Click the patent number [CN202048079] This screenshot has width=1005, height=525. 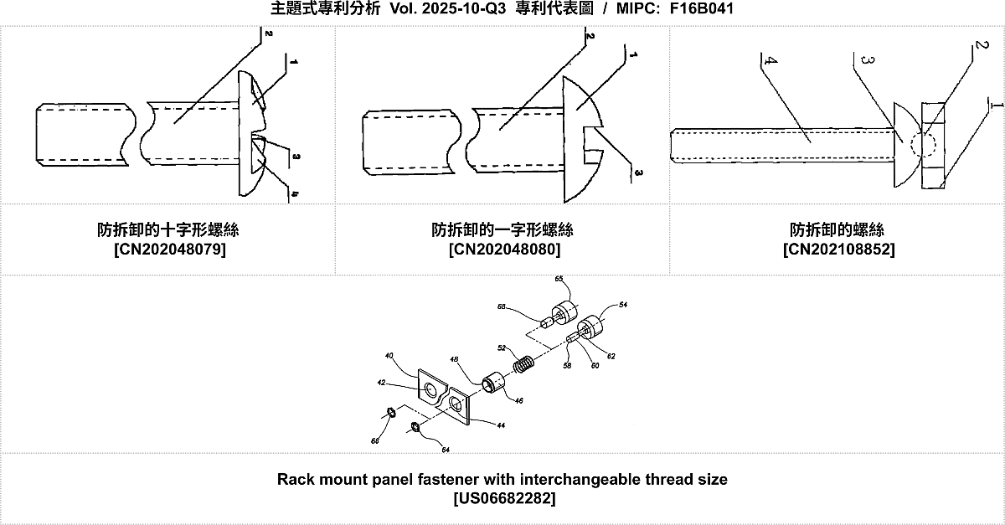tap(168, 249)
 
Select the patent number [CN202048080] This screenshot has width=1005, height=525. tap(503, 249)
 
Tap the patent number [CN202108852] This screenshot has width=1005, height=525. tap(837, 249)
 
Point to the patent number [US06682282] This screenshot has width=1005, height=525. tap(502, 498)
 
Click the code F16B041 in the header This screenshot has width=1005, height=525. tap(703, 9)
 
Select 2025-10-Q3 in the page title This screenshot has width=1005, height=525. tap(464, 9)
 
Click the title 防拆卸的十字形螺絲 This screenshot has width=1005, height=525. tap(168, 229)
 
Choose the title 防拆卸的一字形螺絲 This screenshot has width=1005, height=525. tap(503, 229)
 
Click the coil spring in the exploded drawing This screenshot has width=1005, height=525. tap(523, 366)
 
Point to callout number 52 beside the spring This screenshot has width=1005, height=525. tap(502, 347)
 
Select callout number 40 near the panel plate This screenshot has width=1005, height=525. tap(389, 356)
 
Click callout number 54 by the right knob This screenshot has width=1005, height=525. tap(623, 306)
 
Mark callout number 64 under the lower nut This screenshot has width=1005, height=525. tap(446, 450)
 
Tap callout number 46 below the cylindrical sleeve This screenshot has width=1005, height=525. tap(519, 401)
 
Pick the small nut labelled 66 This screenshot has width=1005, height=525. tap(390, 411)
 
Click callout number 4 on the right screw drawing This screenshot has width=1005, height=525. tap(768, 62)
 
